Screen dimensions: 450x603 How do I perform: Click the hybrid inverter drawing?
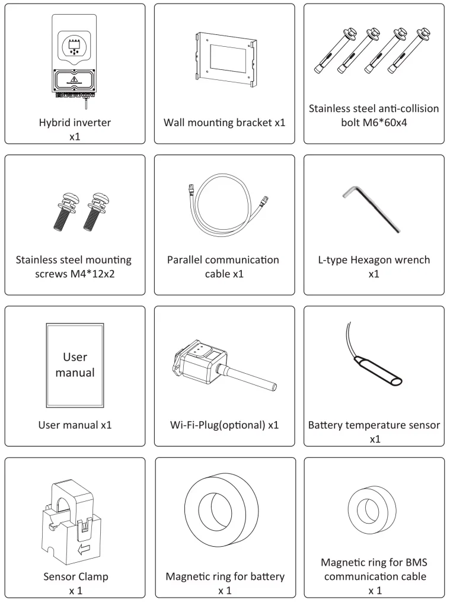pyautogui.click(x=74, y=62)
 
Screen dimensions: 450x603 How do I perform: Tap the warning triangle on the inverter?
pyautogui.click(x=74, y=79)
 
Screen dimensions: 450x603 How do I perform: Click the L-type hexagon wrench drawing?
pyautogui.click(x=372, y=209)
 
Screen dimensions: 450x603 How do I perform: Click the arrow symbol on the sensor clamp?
pyautogui.click(x=84, y=550)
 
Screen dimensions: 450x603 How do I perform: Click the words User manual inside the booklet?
pyautogui.click(x=75, y=365)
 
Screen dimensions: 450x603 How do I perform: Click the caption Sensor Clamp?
pyautogui.click(x=76, y=576)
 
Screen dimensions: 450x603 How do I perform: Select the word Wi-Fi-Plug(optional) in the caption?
pyautogui.click(x=218, y=425)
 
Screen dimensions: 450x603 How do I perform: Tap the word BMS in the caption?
pyautogui.click(x=417, y=563)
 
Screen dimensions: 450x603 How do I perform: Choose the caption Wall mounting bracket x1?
pyautogui.click(x=225, y=123)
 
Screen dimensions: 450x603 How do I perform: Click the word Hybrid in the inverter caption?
pyautogui.click(x=53, y=123)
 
